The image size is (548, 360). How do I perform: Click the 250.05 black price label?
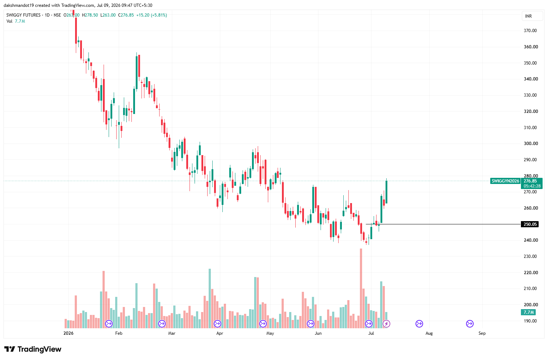(530, 224)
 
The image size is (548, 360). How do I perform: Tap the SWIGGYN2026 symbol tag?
(505, 181)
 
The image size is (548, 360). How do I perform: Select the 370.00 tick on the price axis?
(530, 31)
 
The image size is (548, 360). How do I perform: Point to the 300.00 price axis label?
(530, 144)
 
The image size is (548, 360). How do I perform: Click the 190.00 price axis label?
(530, 321)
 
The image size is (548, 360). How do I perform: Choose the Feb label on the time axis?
(119, 333)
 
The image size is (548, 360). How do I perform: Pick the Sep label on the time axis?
(482, 333)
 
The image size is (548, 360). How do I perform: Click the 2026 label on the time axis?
(68, 333)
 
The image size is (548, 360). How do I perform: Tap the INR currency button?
(529, 16)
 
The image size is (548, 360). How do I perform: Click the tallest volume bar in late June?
(361, 288)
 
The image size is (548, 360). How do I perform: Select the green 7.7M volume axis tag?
(528, 312)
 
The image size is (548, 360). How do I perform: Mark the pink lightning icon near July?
(386, 324)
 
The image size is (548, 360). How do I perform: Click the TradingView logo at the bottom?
(33, 349)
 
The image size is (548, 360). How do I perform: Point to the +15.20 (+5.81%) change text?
(151, 15)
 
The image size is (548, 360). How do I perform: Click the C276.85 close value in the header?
(126, 15)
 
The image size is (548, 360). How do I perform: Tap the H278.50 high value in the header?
(90, 15)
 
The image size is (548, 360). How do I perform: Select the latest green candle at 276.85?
(387, 192)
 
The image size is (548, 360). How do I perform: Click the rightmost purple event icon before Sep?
(470, 324)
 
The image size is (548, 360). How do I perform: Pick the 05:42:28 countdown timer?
(532, 186)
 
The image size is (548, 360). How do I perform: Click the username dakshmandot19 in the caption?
(19, 5)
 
